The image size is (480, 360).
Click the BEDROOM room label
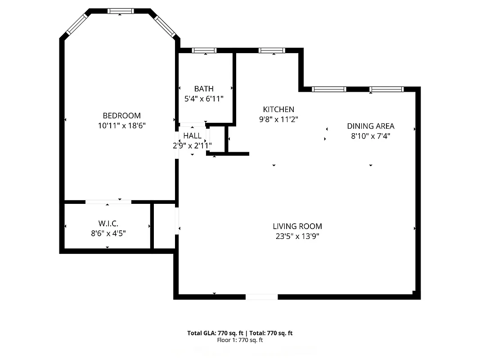(121, 116)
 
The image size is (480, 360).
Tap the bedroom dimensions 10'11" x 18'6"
(121, 126)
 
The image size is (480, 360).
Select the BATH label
(204, 89)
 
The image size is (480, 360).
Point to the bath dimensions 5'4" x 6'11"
(204, 99)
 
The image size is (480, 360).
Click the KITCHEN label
(278, 109)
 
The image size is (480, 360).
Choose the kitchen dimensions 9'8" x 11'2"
(278, 119)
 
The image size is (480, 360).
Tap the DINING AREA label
(370, 126)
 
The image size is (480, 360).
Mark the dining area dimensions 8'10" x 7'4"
(370, 136)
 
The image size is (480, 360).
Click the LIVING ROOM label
(297, 226)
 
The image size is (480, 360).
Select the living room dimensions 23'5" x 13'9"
(297, 236)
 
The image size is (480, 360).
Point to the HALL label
(192, 136)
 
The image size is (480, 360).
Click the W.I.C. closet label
(108, 223)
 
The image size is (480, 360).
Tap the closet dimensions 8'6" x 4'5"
(108, 233)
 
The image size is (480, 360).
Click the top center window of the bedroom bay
(121, 11)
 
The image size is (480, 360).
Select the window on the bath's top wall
(204, 50)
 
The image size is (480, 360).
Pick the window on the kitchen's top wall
(272, 50)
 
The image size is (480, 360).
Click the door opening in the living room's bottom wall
(261, 297)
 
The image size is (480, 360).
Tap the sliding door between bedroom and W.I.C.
(108, 202)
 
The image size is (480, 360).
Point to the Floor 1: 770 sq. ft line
(240, 340)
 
